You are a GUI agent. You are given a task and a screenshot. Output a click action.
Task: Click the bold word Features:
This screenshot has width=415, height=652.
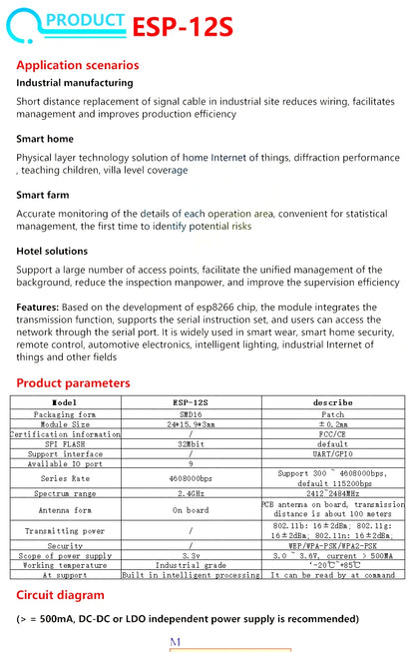pos(38,308)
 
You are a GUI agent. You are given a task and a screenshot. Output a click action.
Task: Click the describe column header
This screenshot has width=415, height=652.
pos(332,402)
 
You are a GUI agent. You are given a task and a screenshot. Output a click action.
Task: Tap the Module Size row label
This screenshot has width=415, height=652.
pos(65,423)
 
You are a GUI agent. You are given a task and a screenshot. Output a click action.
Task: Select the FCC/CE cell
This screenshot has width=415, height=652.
pos(332,433)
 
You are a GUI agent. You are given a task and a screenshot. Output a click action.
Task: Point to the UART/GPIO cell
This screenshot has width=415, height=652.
pos(332,454)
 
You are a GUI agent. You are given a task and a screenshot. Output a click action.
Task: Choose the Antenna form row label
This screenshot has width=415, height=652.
pos(65,509)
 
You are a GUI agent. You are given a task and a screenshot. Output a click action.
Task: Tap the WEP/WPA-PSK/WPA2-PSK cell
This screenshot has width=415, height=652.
pos(332,545)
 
